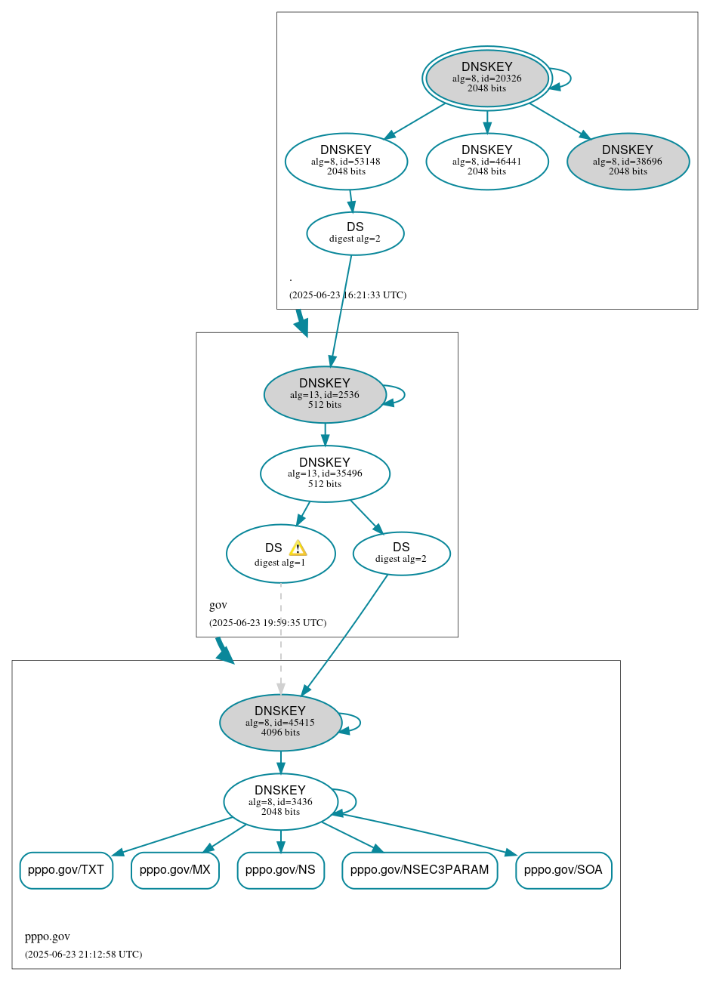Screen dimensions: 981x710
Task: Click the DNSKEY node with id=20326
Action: click(x=486, y=78)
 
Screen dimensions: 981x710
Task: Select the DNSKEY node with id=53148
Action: click(x=346, y=161)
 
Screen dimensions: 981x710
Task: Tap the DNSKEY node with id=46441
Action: click(x=486, y=161)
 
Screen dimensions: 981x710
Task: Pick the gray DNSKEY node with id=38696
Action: click(x=628, y=161)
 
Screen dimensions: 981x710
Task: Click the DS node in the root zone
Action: click(x=355, y=233)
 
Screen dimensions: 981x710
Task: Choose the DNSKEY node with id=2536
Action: click(x=325, y=394)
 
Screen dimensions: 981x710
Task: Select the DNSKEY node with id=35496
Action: click(x=325, y=474)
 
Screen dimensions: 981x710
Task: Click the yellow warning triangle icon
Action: click(x=298, y=548)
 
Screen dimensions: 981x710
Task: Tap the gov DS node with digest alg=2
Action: click(x=401, y=554)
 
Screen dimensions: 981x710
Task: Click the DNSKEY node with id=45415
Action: click(x=280, y=723)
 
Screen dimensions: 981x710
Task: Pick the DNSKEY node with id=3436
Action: click(x=280, y=802)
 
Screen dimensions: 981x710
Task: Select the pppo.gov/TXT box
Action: click(x=66, y=870)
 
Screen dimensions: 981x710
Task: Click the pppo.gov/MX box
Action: click(x=174, y=870)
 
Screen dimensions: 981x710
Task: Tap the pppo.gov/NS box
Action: click(x=280, y=870)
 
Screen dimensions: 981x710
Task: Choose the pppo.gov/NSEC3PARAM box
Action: click(x=419, y=870)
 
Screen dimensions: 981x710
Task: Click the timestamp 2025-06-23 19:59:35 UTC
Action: click(x=267, y=623)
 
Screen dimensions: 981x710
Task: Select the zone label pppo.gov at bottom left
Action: click(x=47, y=936)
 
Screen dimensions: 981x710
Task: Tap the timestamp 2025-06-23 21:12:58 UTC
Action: click(x=83, y=955)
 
